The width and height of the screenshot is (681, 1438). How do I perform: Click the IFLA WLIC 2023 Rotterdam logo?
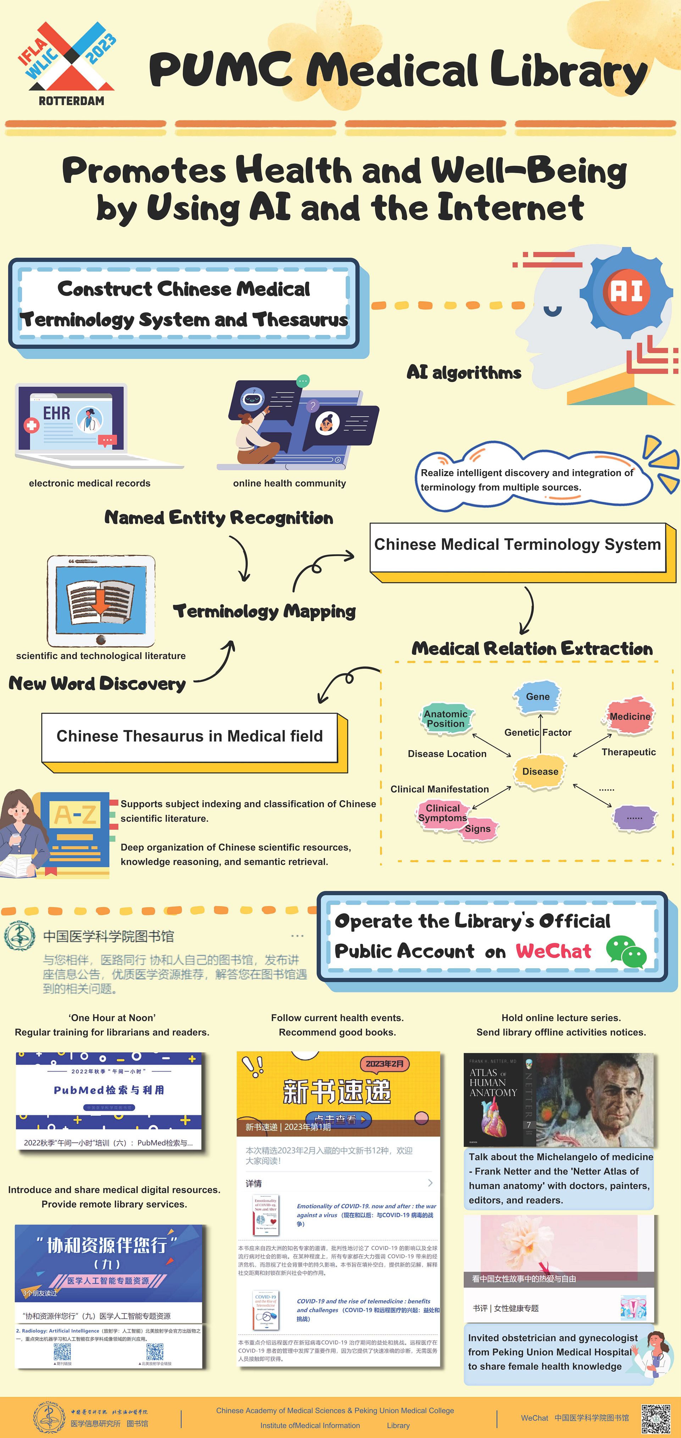pos(68,62)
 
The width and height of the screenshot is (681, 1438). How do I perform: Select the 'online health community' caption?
pos(289,484)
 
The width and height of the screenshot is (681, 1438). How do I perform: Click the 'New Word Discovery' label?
pos(97,684)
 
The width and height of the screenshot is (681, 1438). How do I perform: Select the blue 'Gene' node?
pos(538,697)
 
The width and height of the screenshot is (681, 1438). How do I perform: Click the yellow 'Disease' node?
pos(540,771)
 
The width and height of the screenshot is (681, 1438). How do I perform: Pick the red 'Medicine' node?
pos(630,716)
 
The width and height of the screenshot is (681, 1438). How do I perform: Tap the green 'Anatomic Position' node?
pos(445,719)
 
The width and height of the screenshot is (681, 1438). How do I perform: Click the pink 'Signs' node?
pos(478,829)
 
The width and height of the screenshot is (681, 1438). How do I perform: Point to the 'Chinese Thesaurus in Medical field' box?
pos(190,737)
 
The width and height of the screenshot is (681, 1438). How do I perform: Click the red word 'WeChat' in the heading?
pos(553,951)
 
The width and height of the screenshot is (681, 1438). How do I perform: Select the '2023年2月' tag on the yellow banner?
pos(384,1064)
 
